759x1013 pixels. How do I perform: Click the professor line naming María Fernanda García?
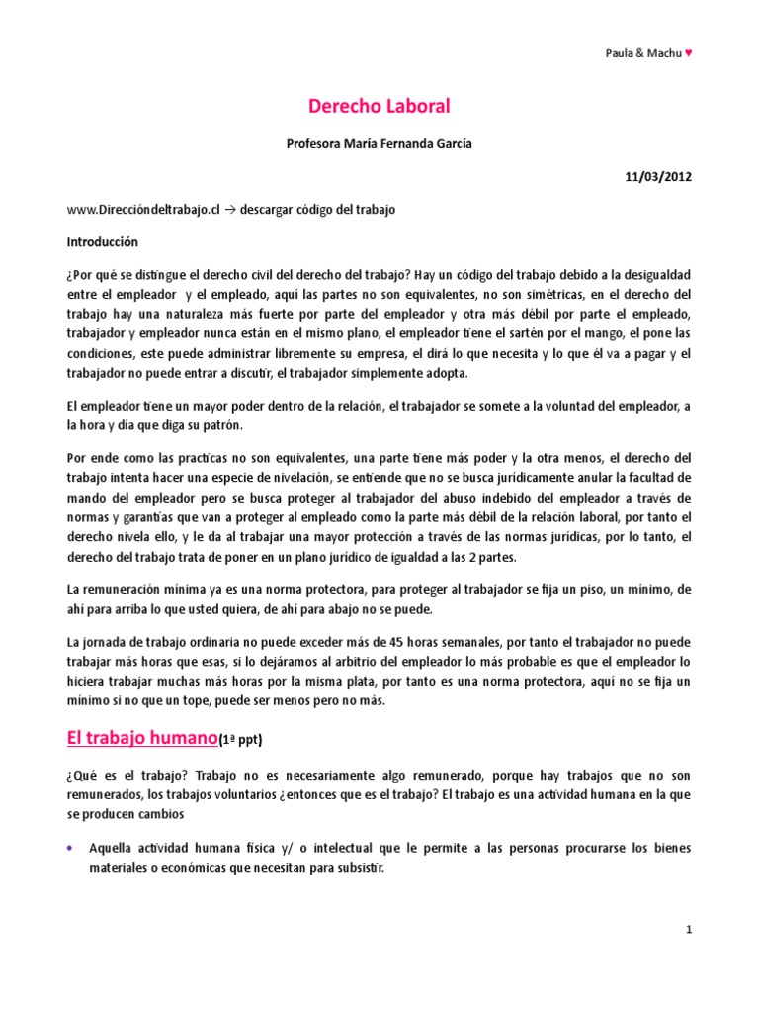click(379, 143)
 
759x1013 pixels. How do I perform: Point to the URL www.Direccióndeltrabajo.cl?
click(142, 210)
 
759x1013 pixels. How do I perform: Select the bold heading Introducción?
click(103, 241)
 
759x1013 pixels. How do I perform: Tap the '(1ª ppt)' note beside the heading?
click(242, 739)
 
